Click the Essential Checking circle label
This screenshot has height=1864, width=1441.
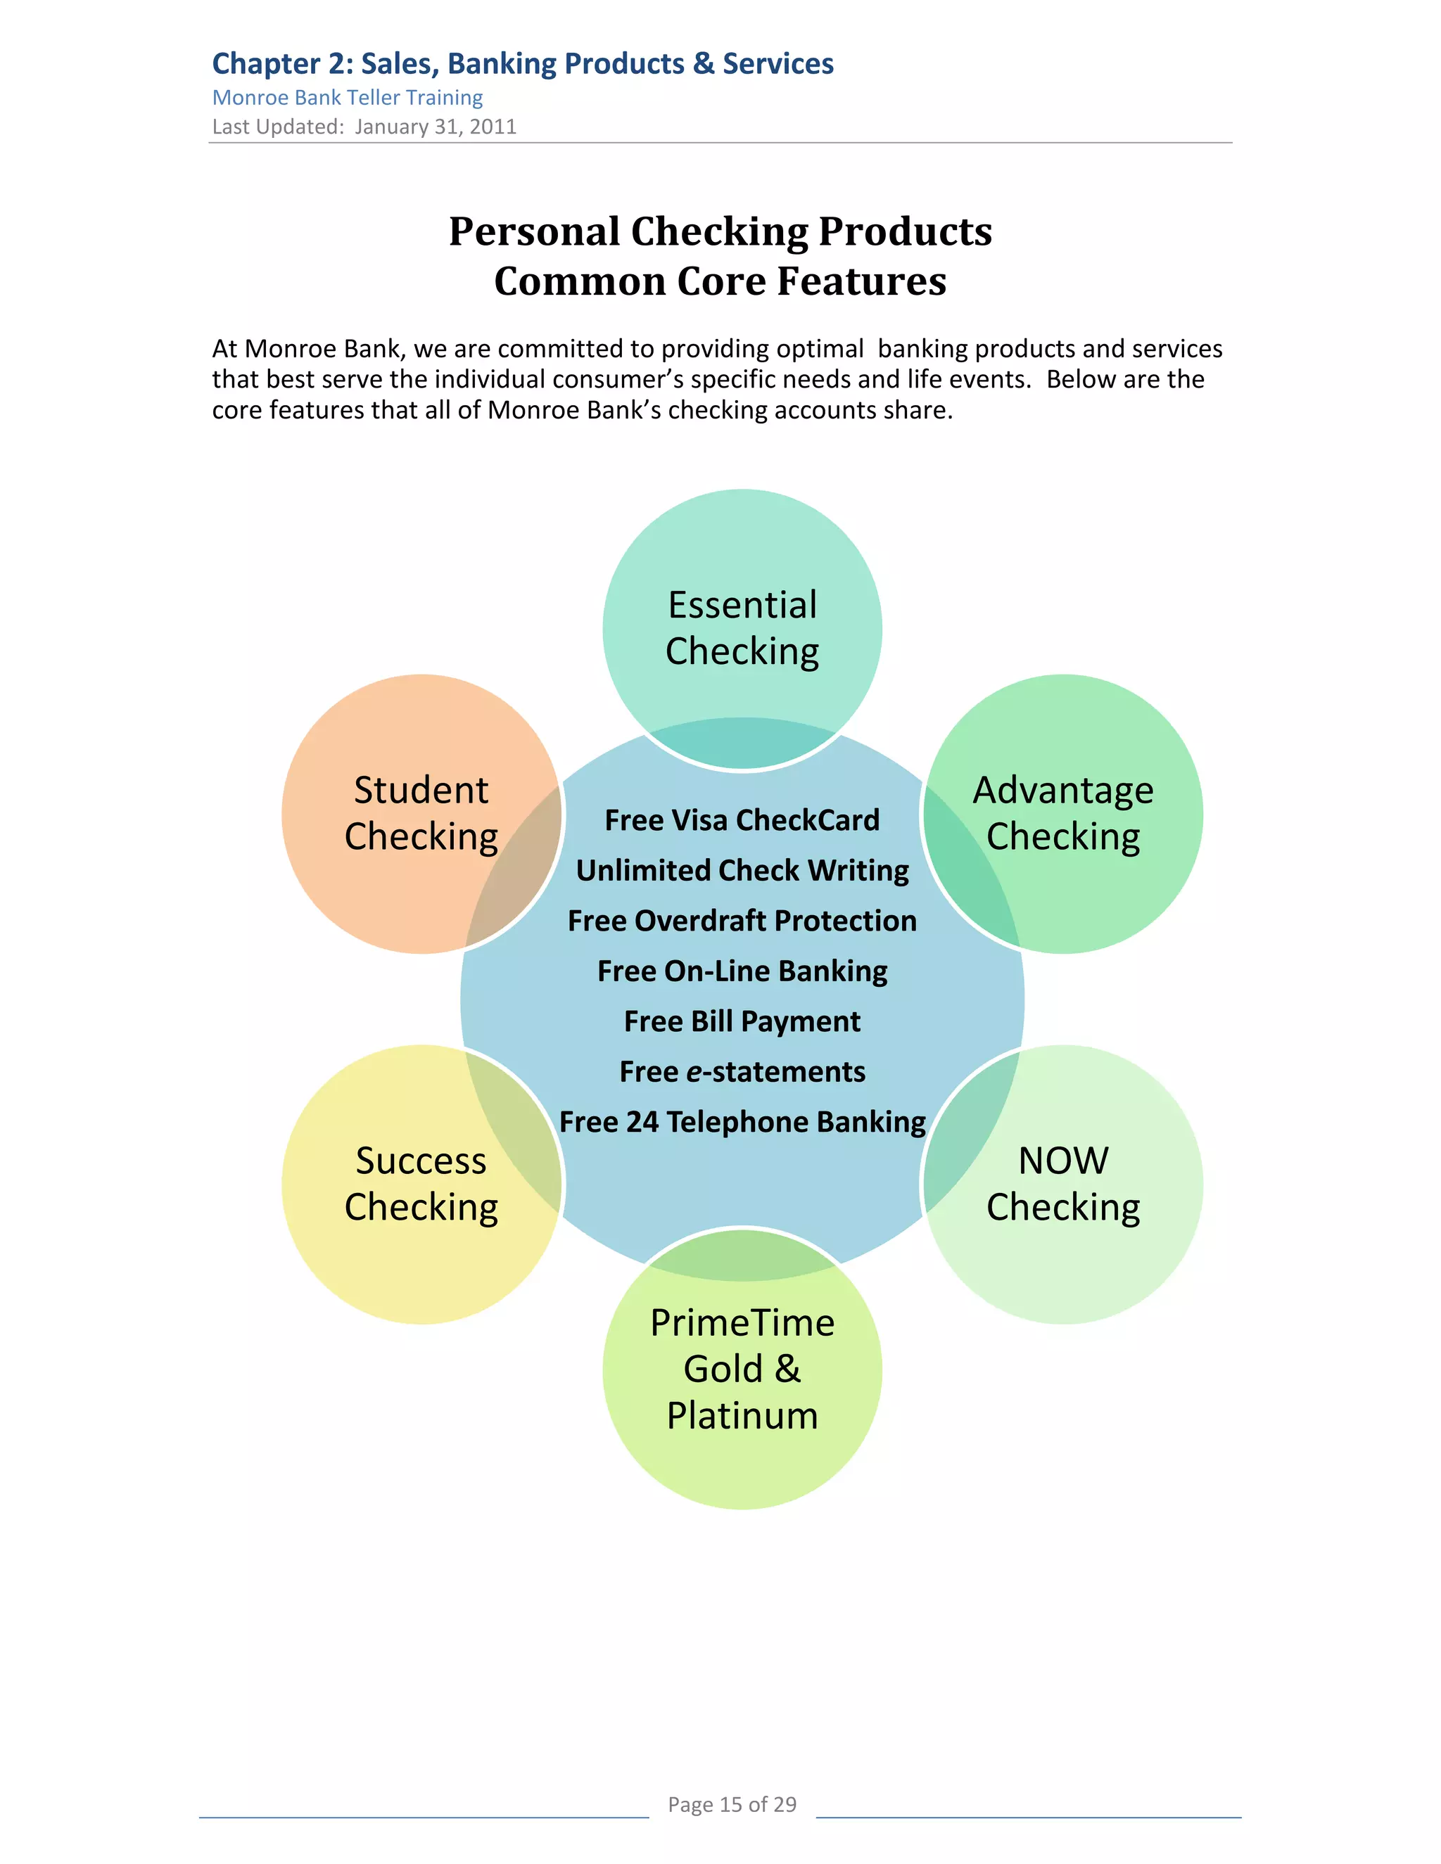click(742, 628)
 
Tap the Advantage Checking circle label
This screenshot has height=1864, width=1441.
click(1063, 813)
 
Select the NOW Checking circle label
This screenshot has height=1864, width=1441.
click(1063, 1184)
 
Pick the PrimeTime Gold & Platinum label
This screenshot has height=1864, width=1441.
click(742, 1368)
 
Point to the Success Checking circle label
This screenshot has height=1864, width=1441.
click(421, 1184)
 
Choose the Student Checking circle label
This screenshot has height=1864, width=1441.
click(421, 813)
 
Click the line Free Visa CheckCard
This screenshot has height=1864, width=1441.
click(742, 820)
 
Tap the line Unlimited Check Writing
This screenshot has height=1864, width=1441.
click(742, 871)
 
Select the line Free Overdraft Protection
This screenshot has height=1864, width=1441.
click(742, 921)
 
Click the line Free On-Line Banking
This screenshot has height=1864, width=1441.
click(742, 971)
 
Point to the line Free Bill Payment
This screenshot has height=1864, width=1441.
click(742, 1021)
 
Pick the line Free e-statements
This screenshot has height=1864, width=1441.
click(742, 1072)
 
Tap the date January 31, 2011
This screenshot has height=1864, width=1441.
click(436, 127)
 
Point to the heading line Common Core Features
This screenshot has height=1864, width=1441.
click(720, 281)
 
